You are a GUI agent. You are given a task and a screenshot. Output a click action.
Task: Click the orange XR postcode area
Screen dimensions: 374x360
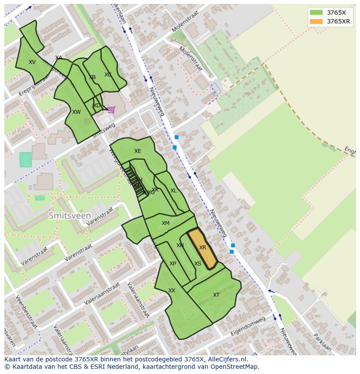coord(203,248)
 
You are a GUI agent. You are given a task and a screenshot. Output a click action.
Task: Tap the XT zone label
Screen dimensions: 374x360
coord(216,295)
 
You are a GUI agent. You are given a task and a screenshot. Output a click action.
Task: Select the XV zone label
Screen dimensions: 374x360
coord(32,62)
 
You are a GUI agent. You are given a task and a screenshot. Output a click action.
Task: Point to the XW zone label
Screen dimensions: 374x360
coord(77,112)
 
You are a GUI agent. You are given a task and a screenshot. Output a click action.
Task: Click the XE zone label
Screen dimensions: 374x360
coord(137,151)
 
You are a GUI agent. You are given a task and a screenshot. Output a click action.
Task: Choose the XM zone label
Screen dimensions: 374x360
coord(166,223)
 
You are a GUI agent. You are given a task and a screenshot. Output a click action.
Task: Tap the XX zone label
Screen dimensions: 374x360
coord(172,291)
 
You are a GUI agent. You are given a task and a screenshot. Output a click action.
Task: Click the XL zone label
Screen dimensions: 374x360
coord(173,191)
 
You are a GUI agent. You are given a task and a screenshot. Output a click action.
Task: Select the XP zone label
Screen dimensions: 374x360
coord(173,264)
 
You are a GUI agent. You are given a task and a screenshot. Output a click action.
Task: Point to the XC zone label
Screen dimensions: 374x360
coord(108,75)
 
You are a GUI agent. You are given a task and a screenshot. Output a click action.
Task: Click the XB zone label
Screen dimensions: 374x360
coord(92,78)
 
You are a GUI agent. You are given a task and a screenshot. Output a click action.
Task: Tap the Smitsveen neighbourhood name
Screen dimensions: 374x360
coord(70,215)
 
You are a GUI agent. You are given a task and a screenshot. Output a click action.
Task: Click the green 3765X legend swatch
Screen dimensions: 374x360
coord(316,13)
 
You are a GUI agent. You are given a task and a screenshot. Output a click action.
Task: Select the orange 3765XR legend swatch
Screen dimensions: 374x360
coord(316,21)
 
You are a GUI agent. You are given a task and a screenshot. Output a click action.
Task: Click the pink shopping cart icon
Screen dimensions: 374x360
coord(111,109)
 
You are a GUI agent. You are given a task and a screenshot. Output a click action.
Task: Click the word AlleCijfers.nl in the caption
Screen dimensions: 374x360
coord(227,359)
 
